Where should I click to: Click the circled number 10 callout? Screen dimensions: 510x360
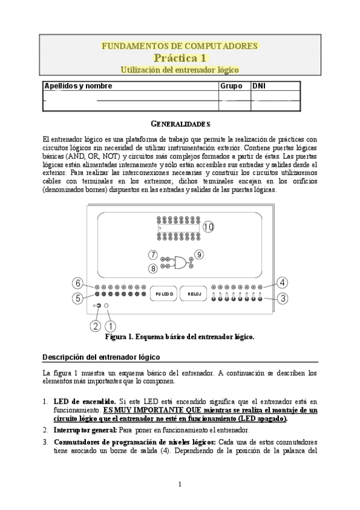point(208,227)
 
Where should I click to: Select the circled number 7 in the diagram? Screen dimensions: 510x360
point(153,254)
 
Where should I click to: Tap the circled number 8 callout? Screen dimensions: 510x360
point(153,268)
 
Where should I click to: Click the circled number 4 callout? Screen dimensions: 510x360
point(282,281)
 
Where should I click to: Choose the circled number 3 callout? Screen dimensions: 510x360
point(282,297)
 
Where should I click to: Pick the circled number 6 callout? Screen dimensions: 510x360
point(78,283)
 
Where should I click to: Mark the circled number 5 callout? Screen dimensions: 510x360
point(78,297)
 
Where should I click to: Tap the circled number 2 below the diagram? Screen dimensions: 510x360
point(94,326)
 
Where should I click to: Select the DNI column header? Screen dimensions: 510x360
point(259,86)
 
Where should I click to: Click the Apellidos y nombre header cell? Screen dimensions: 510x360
point(78,86)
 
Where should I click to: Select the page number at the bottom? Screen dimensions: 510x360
point(180,485)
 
